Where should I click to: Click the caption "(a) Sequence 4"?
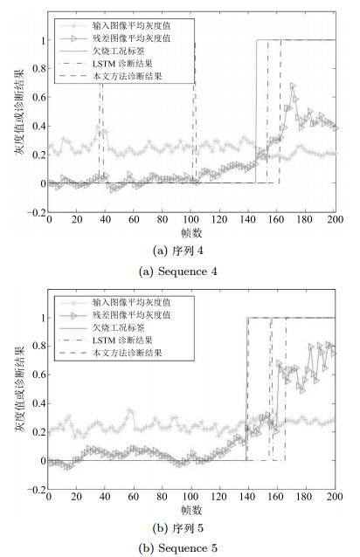click(177, 272)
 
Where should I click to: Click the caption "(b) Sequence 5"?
click(177, 548)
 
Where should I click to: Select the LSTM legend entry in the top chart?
click(106, 64)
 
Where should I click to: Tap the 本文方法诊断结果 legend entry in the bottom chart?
click(111, 353)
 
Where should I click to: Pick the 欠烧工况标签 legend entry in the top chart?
click(102, 51)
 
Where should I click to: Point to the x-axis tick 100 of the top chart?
click(190, 219)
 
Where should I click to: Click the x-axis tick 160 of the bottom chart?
click(276, 496)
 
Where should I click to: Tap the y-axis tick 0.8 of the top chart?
click(38, 69)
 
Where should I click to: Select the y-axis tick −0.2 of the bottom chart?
click(36, 490)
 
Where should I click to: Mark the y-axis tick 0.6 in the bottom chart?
click(38, 375)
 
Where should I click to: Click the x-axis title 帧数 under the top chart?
click(191, 233)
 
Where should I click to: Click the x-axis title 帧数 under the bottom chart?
click(191, 510)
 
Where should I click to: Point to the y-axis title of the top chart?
click(19, 112)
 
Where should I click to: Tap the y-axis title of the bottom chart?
click(19, 389)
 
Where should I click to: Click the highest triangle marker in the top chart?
click(293, 86)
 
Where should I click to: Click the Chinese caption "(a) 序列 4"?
click(177, 251)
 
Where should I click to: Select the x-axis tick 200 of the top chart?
click(335, 219)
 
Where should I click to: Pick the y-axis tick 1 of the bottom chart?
click(44, 318)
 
